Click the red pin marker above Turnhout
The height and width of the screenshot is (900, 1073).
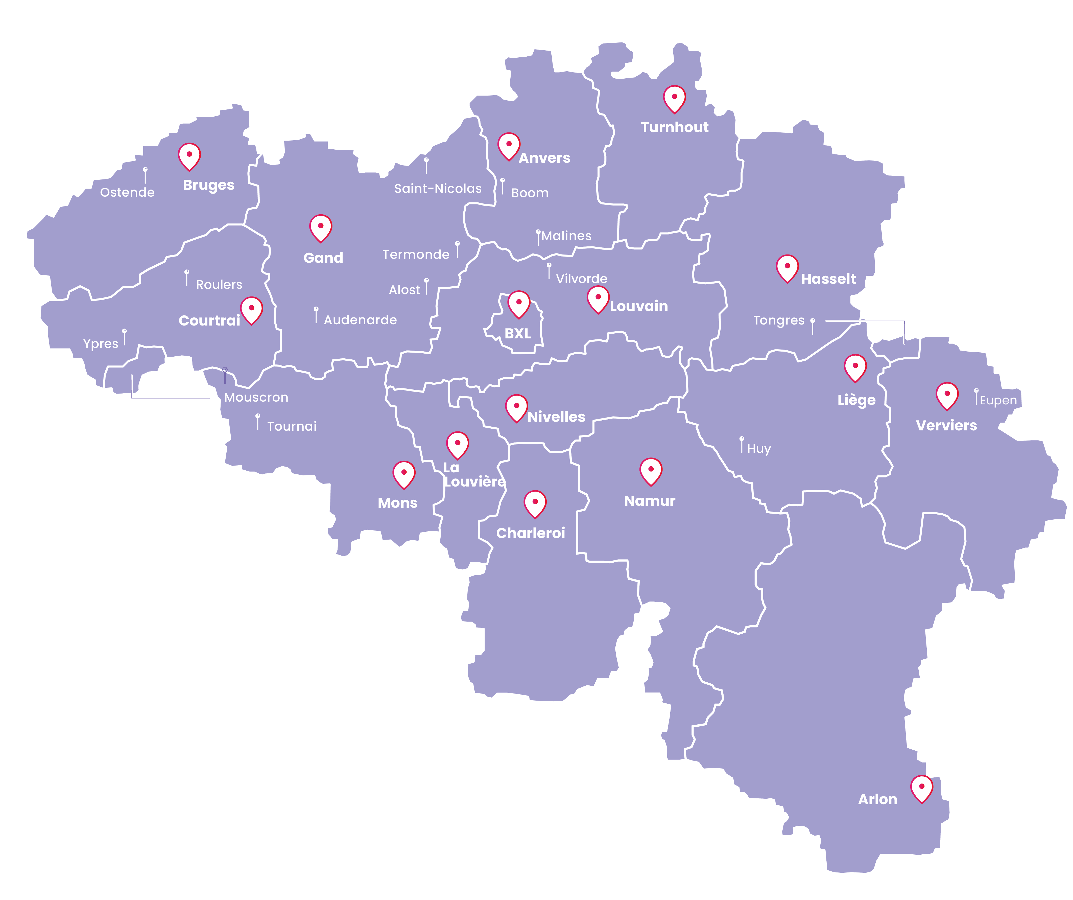675,98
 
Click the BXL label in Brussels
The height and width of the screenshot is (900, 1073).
518,334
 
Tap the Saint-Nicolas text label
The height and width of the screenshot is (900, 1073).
438,189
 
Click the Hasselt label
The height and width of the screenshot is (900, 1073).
828,279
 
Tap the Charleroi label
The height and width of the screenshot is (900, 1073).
530,533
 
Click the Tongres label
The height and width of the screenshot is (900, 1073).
779,320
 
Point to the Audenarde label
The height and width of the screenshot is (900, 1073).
360,320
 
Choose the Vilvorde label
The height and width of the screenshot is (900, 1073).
581,279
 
